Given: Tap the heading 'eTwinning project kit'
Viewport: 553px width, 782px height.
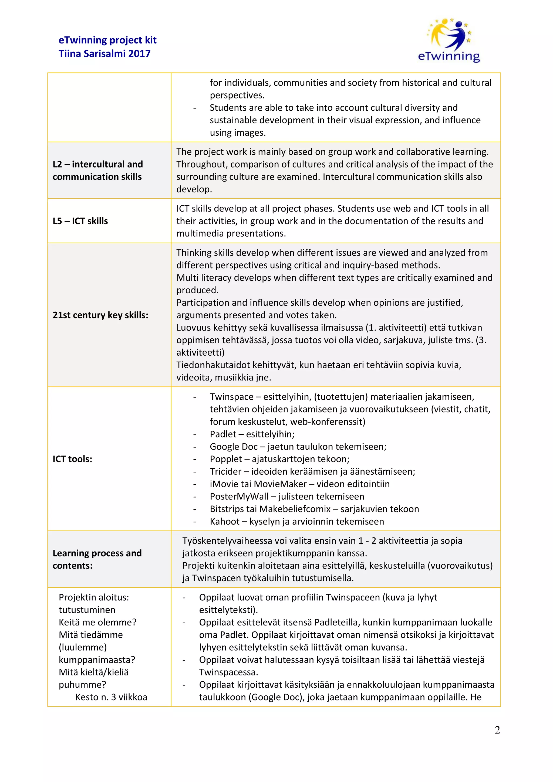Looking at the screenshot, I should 107,40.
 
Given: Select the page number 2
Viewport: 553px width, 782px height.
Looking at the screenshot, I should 497,730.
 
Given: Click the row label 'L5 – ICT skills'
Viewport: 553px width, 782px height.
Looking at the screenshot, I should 80,221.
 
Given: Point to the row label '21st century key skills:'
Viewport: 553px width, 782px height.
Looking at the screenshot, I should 100,315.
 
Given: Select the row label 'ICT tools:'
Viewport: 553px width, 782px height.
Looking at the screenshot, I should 72,459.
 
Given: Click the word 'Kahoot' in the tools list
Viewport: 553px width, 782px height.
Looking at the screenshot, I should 225,521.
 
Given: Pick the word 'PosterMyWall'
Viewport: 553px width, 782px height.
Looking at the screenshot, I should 239,496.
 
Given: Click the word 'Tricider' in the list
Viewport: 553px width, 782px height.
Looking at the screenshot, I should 225,471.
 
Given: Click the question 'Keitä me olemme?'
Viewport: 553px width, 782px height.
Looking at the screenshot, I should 97,622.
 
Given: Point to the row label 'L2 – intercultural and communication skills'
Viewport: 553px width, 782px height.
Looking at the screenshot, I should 97,170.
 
